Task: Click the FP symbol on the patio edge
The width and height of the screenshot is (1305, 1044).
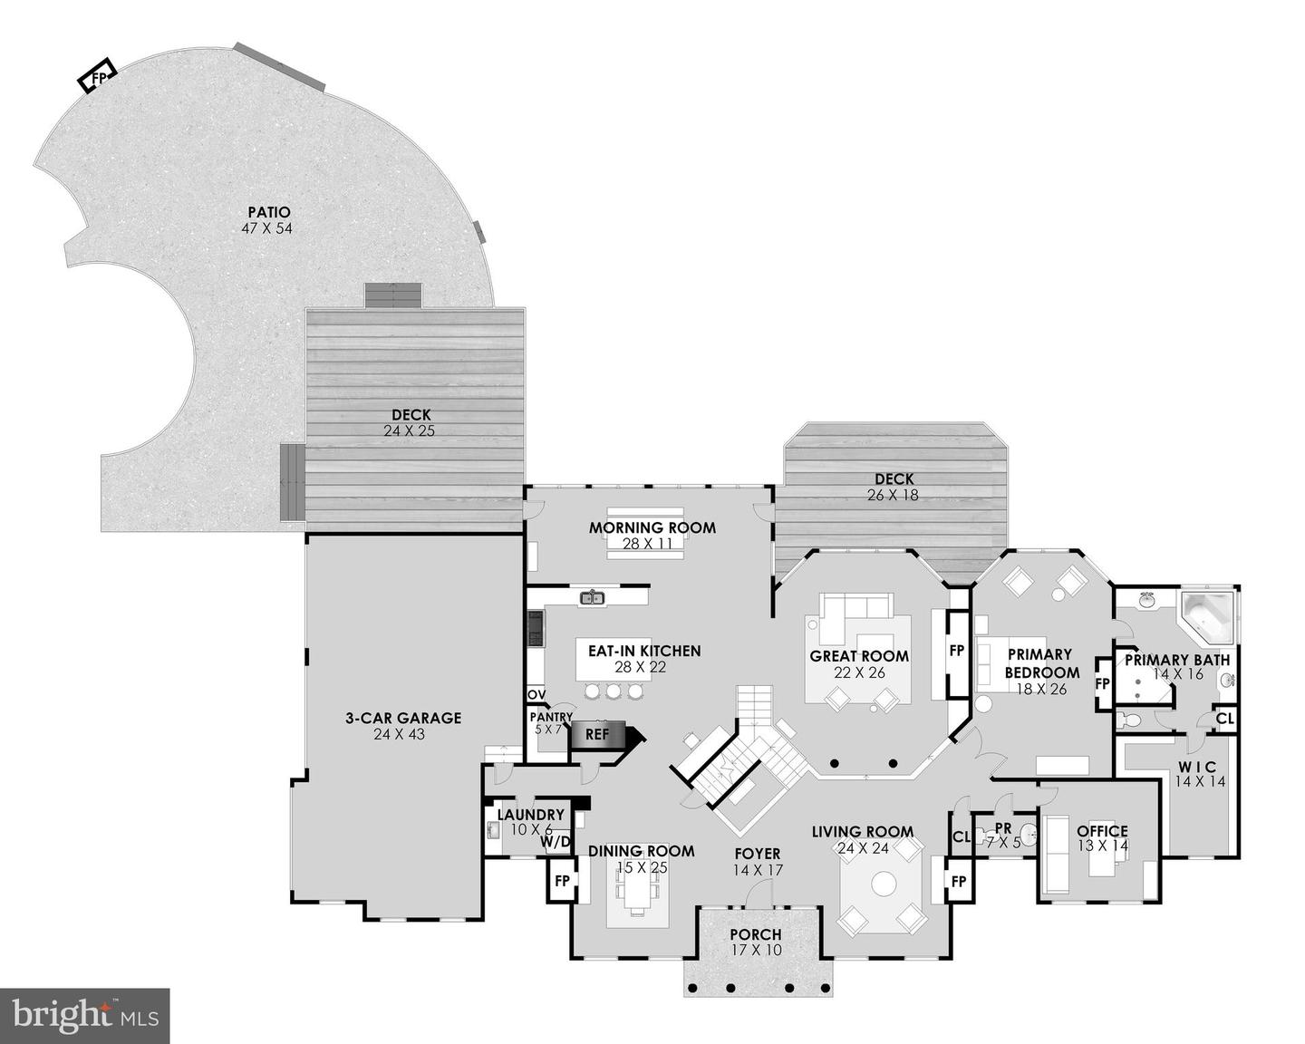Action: pyautogui.click(x=97, y=77)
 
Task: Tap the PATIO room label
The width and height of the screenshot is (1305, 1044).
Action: pyautogui.click(x=266, y=212)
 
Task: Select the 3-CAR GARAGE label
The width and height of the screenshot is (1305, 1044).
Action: pyautogui.click(x=403, y=718)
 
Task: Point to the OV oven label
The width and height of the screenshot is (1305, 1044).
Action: pyautogui.click(x=536, y=695)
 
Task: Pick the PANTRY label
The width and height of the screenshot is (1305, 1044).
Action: pyautogui.click(x=551, y=717)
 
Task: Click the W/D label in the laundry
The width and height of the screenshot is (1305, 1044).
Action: pyautogui.click(x=556, y=842)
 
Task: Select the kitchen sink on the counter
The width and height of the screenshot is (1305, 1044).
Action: pyautogui.click(x=592, y=597)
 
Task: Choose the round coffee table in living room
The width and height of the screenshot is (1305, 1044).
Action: pyautogui.click(x=883, y=883)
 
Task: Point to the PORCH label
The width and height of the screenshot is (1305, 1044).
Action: pyautogui.click(x=756, y=934)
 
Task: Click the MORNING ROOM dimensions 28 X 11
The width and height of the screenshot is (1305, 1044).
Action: pyautogui.click(x=652, y=544)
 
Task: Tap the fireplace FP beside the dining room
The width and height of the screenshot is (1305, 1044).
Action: pyautogui.click(x=562, y=880)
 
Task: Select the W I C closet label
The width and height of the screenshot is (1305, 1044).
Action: pyautogui.click(x=1198, y=767)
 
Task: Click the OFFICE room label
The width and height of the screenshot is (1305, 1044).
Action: pyautogui.click(x=1102, y=830)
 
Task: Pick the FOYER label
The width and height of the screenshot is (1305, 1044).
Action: pyautogui.click(x=758, y=854)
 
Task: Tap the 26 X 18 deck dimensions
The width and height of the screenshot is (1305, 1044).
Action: pyautogui.click(x=894, y=495)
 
